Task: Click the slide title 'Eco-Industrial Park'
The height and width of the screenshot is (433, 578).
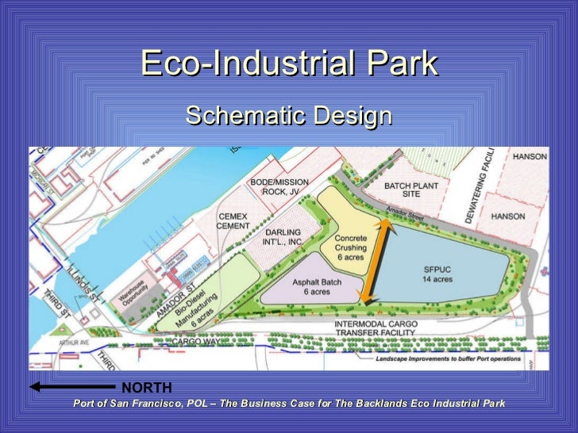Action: point(289,64)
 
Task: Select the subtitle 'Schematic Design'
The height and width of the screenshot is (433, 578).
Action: point(289,117)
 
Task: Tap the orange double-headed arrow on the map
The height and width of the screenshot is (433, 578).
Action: point(376,261)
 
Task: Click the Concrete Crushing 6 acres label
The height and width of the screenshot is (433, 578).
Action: point(350,247)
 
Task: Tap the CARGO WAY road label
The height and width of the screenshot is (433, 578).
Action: point(196,341)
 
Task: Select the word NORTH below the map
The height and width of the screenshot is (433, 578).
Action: point(146,387)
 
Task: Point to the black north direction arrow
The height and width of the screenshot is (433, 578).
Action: point(71,387)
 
